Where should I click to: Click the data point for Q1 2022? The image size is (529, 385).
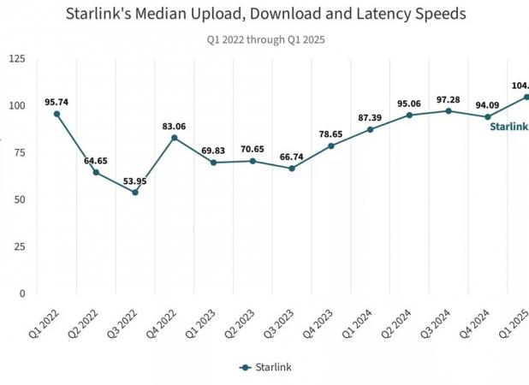click(57, 114)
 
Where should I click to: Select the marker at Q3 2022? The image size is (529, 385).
click(135, 192)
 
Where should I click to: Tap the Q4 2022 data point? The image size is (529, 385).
click(175, 138)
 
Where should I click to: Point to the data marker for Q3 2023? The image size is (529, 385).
click(292, 168)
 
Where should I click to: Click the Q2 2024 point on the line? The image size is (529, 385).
click(409, 115)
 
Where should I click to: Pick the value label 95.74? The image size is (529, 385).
click(57, 102)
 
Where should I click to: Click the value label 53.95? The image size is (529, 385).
click(135, 180)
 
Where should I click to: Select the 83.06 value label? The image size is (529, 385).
click(175, 126)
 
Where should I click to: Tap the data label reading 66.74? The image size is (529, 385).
click(292, 156)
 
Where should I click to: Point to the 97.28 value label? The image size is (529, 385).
click(449, 99)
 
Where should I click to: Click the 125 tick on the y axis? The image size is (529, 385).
click(17, 58)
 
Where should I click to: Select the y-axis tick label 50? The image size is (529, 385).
click(20, 199)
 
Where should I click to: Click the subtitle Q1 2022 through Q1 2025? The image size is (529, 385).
click(265, 39)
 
